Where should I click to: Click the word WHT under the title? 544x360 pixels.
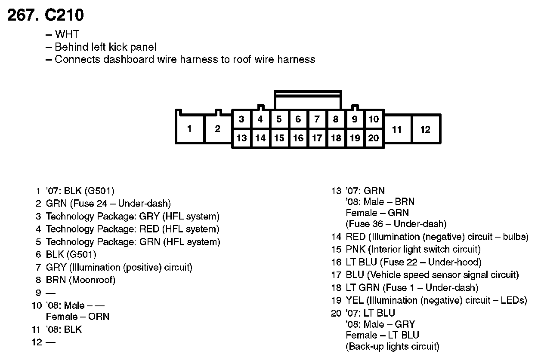point(67,35)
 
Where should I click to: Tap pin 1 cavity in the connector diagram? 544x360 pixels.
point(189,128)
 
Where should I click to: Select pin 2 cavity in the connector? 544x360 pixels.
point(217,128)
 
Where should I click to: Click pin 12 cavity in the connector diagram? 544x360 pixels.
point(425,129)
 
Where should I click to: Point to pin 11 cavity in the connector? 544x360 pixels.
point(397,129)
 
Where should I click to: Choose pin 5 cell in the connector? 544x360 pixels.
point(279,119)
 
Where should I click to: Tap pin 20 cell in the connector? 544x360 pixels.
point(374,138)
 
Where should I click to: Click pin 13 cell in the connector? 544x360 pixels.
point(242,138)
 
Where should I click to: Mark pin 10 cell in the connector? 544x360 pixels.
point(374,119)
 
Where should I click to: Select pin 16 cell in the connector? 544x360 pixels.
point(298,138)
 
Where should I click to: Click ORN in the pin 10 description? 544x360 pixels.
point(99,317)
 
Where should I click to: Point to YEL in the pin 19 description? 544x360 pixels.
point(354,300)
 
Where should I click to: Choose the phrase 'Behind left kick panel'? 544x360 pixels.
point(106,47)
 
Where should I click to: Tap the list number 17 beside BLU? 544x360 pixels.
point(336,275)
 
